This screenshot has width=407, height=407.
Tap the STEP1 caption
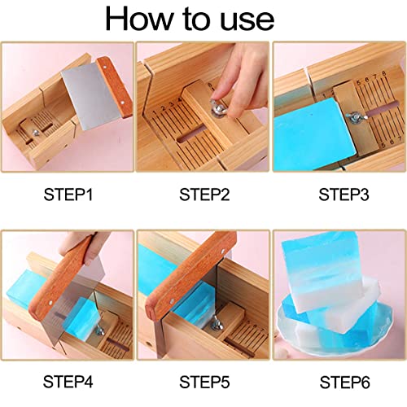click(68, 195)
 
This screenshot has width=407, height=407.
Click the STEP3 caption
click(339, 195)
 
